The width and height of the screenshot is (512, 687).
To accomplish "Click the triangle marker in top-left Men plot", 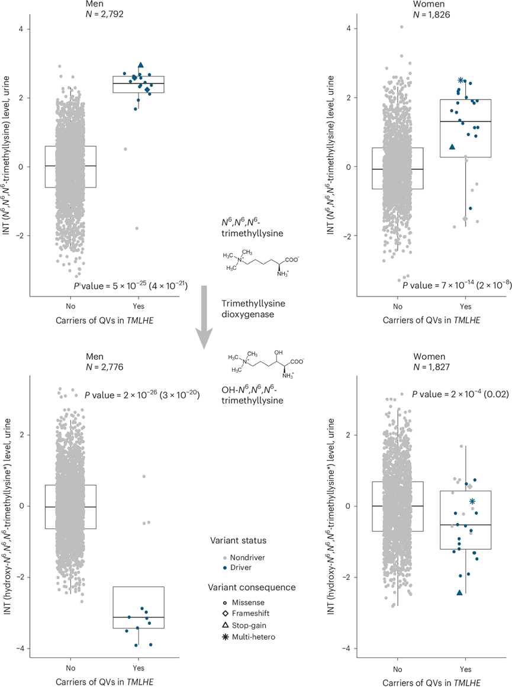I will [140, 66].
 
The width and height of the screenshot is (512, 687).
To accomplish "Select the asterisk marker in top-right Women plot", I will [461, 80].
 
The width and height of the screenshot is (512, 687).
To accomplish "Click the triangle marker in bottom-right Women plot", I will [459, 592].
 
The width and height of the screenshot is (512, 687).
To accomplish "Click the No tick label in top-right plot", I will [397, 305].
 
